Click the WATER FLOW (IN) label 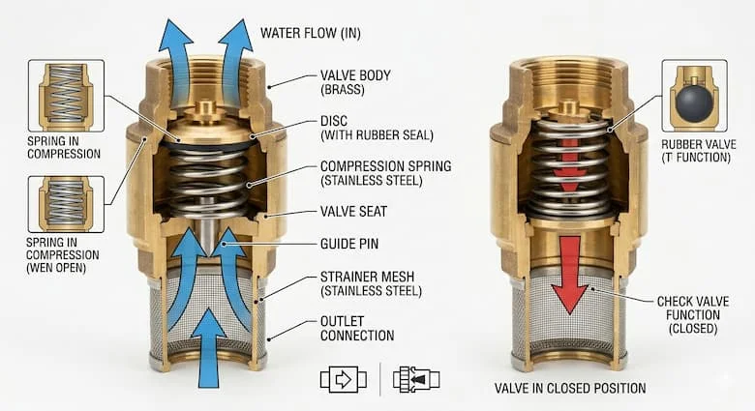pyautogui.click(x=311, y=33)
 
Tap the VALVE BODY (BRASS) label pyautogui.click(x=355, y=82)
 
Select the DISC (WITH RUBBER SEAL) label pyautogui.click(x=377, y=128)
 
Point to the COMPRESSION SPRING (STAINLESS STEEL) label pyautogui.click(x=385, y=173)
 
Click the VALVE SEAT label pyautogui.click(x=353, y=212)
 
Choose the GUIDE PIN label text pyautogui.click(x=349, y=244)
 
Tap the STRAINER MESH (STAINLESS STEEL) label pyautogui.click(x=371, y=284)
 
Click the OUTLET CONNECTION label pyautogui.click(x=357, y=328)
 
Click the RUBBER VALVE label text pyautogui.click(x=699, y=144)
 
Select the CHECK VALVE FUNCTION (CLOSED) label pyautogui.click(x=693, y=315)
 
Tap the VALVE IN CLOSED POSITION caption pyautogui.click(x=570, y=389)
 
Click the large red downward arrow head pyautogui.click(x=570, y=299)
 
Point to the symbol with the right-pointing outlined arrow pyautogui.click(x=344, y=379)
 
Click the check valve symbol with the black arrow pyautogui.click(x=416, y=379)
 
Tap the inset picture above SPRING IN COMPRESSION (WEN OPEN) pyautogui.click(x=66, y=204)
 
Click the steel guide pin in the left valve pyautogui.click(x=208, y=226)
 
